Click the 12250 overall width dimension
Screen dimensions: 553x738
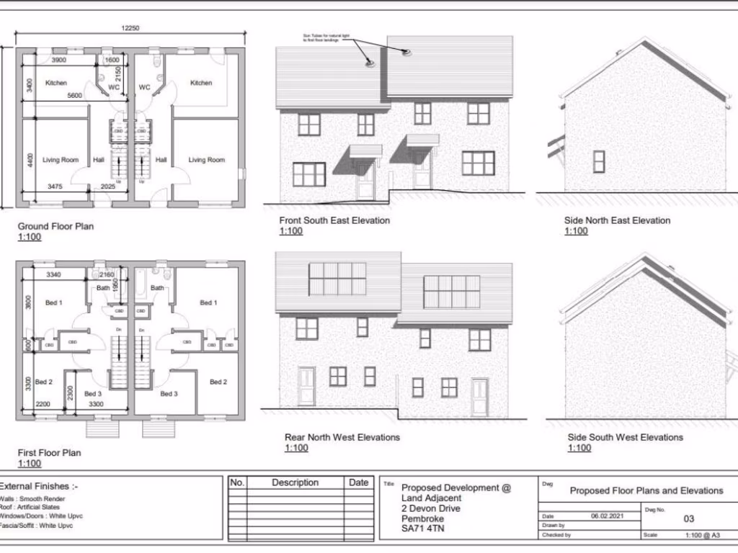click(x=130, y=28)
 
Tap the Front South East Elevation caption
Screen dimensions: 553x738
click(x=334, y=220)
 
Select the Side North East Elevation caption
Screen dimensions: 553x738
click(x=617, y=220)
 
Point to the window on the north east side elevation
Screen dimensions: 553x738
click(x=599, y=161)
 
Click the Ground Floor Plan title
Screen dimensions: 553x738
click(x=55, y=226)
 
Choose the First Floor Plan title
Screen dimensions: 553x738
click(x=49, y=453)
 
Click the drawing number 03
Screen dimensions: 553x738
click(x=689, y=518)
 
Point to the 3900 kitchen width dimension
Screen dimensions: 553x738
click(x=59, y=60)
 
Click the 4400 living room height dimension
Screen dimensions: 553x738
click(x=30, y=159)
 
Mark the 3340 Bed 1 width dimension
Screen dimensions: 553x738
click(x=53, y=274)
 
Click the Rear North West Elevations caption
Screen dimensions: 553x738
click(x=342, y=437)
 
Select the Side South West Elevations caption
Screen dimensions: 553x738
click(x=625, y=437)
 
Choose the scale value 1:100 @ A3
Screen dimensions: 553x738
click(x=703, y=535)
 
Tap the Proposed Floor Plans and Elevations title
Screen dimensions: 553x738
click(x=646, y=490)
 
